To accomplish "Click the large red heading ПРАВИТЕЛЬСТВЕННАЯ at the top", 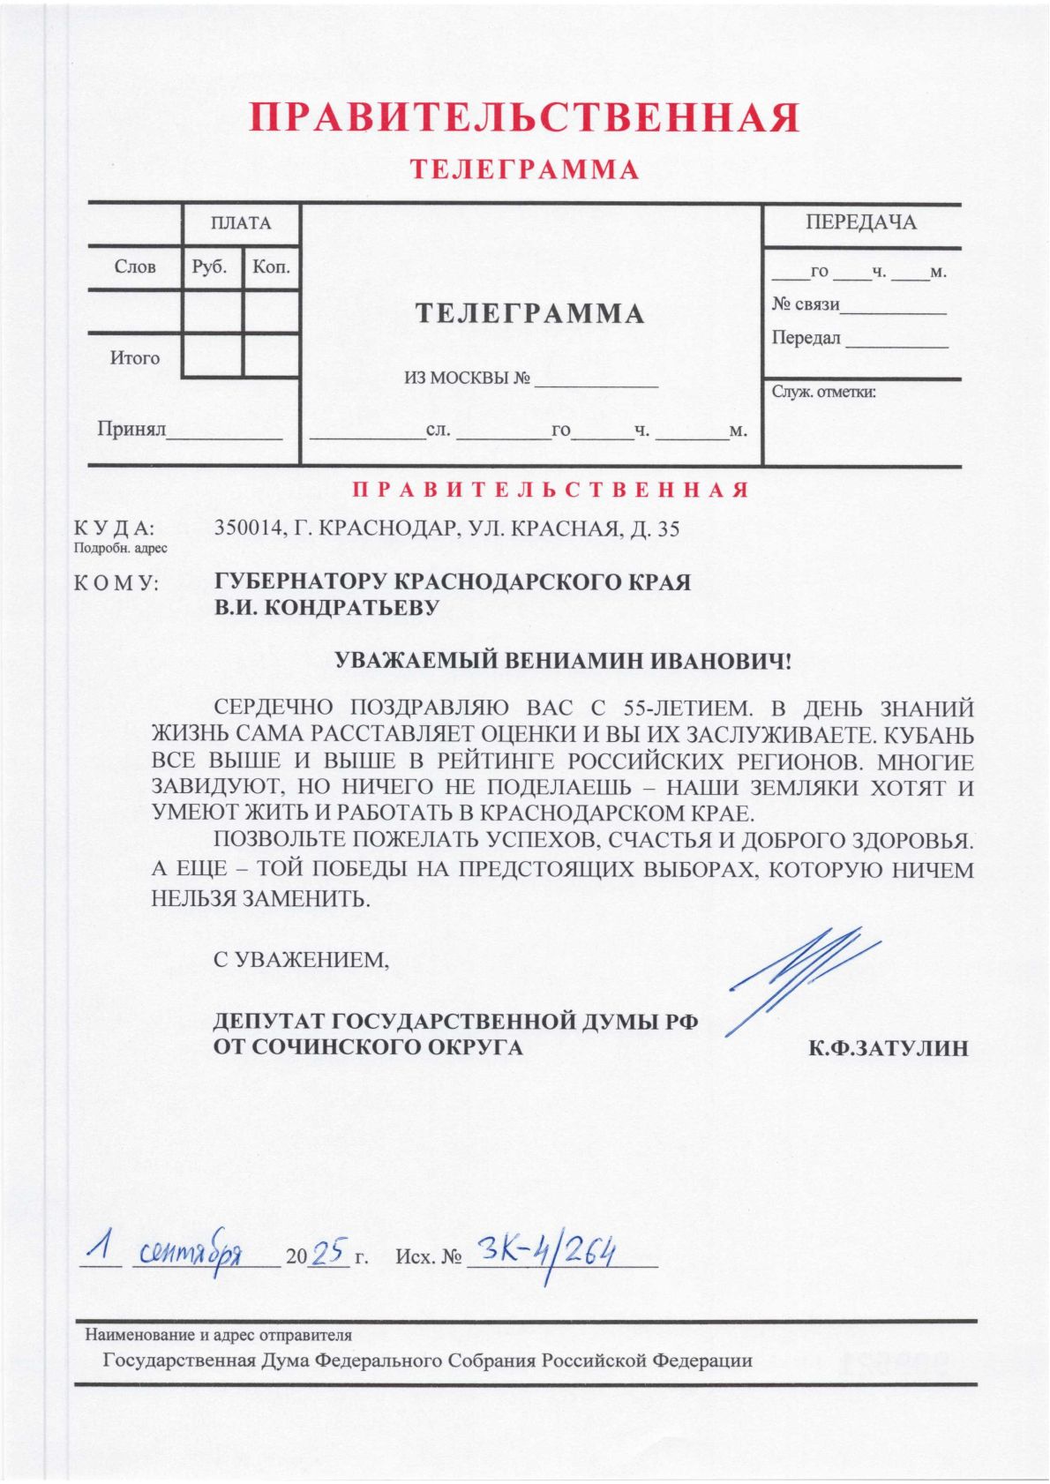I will (524, 118).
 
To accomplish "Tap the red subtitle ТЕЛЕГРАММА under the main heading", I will (524, 169).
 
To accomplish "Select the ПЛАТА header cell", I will (241, 224).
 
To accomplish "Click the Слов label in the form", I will (135, 266).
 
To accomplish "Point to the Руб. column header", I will (210, 266).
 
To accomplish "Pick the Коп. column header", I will (271, 266).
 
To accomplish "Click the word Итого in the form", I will (135, 358).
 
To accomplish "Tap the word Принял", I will (132, 430).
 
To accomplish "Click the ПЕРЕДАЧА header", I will (860, 223).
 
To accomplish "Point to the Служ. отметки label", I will (824, 392).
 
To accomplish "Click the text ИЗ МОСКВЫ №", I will (468, 379).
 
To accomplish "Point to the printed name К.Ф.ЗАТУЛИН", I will (889, 1048).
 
